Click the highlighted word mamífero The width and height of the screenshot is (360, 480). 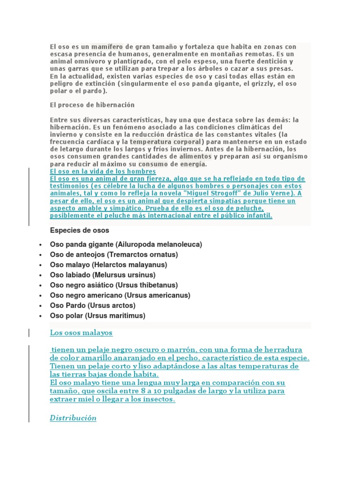pyautogui.click(x=107, y=47)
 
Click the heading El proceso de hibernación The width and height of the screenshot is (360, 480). pyautogui.click(x=92, y=105)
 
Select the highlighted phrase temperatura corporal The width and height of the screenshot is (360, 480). pyautogui.click(x=166, y=142)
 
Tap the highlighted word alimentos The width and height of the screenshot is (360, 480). pyautogui.click(x=195, y=156)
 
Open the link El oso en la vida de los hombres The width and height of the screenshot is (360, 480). pyautogui.click(x=103, y=172)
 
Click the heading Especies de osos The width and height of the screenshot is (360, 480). pyautogui.click(x=79, y=230)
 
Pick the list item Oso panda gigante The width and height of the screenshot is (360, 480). pyautogui.click(x=82, y=245)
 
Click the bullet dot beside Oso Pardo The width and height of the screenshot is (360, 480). pyautogui.click(x=41, y=306)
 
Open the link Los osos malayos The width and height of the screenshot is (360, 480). pyautogui.click(x=81, y=333)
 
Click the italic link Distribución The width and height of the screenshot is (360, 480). pyautogui.click(x=73, y=418)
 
